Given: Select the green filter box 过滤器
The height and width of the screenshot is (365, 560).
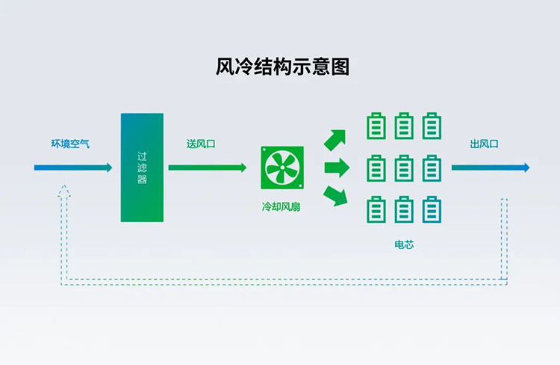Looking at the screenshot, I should [142, 168].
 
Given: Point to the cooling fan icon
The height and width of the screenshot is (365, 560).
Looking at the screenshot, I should [282, 168].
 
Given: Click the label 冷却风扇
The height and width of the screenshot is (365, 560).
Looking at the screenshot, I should [282, 206].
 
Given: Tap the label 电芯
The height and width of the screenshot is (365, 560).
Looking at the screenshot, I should [404, 245].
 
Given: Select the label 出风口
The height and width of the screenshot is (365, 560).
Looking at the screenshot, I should [484, 144].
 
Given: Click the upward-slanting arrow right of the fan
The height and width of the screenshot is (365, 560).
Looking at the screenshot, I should [335, 140].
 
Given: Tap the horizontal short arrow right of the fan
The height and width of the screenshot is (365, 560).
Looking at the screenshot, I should [337, 168].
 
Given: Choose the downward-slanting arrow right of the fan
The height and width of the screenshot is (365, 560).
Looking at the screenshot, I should [336, 196].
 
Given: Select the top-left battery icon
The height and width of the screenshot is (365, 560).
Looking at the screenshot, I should [377, 126].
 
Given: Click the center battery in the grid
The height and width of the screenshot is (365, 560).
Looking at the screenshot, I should [404, 168].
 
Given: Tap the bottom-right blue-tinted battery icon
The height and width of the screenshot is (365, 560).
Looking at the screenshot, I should [432, 209].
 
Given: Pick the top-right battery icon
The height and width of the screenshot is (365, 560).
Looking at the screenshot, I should [432, 126].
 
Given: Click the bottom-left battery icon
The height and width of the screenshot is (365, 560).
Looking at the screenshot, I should [377, 209].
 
